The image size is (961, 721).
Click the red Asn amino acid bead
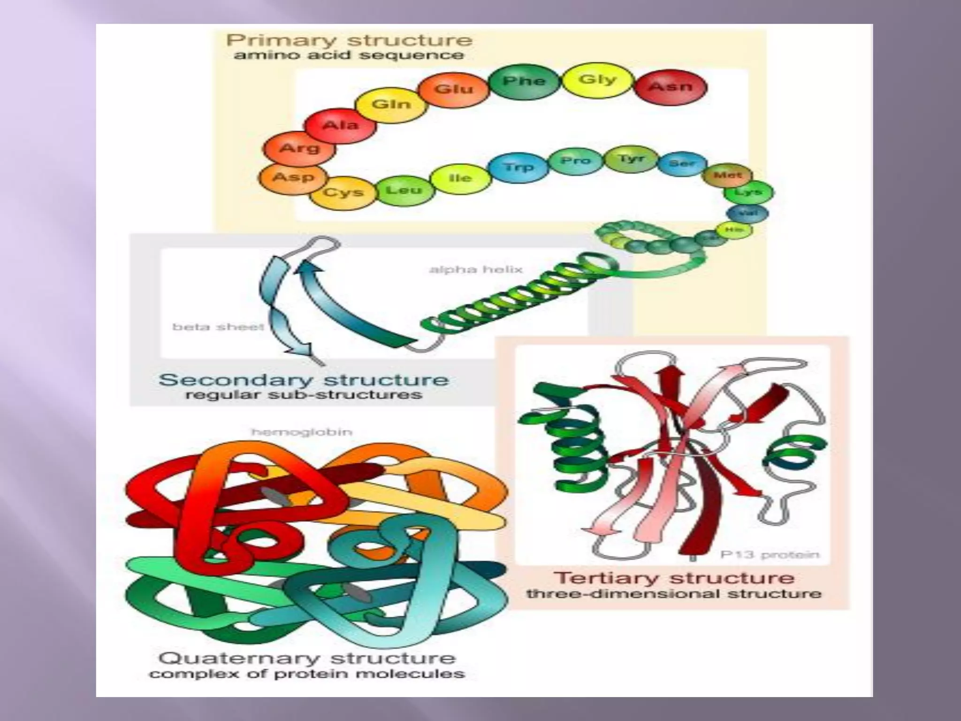click(x=671, y=87)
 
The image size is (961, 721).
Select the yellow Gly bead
click(x=597, y=80)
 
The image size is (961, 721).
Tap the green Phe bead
click(x=524, y=82)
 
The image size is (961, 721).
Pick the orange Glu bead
click(x=453, y=89)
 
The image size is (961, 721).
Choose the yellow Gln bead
click(x=391, y=104)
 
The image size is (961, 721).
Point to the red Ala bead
click(x=340, y=126)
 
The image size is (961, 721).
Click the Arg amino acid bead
click(x=299, y=149)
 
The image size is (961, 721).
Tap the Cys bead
click(x=343, y=192)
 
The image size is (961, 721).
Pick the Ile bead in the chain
click(x=460, y=178)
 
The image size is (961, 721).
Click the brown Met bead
click(x=727, y=176)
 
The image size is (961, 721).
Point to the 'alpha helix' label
click(x=476, y=269)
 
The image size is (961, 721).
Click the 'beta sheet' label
click(x=218, y=327)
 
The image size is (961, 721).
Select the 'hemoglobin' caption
click(x=302, y=432)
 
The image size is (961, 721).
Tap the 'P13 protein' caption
click(x=770, y=555)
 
